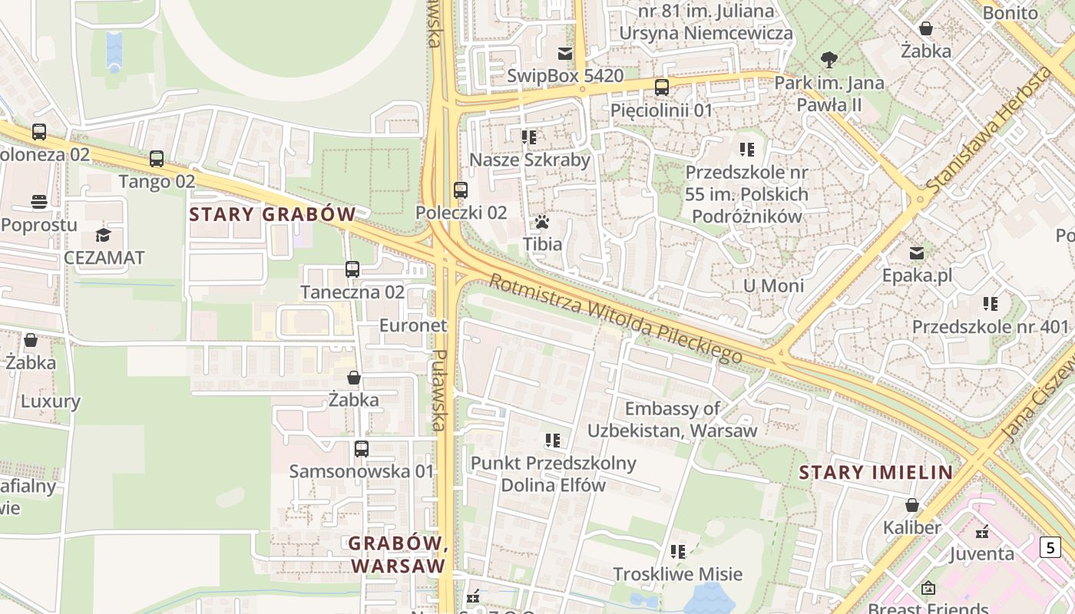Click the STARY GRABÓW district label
tap(273, 214)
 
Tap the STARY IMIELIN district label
tap(876, 472)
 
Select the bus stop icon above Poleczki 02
tap(461, 190)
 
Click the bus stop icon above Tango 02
tap(157, 159)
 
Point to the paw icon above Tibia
tap(542, 223)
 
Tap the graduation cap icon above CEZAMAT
tap(103, 235)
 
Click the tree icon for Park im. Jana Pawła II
tap(829, 59)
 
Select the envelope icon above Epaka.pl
tap(917, 253)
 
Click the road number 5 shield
tap(1050, 547)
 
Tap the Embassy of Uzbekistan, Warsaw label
tap(673, 419)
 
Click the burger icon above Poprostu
tap(39, 202)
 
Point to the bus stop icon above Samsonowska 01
tap(362, 448)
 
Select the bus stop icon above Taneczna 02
tap(352, 269)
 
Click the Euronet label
tap(413, 325)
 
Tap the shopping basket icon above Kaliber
tap(912, 505)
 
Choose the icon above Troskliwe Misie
tap(677, 551)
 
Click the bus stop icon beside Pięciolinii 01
tap(662, 87)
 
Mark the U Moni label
tap(773, 286)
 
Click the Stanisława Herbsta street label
tap(989, 130)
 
